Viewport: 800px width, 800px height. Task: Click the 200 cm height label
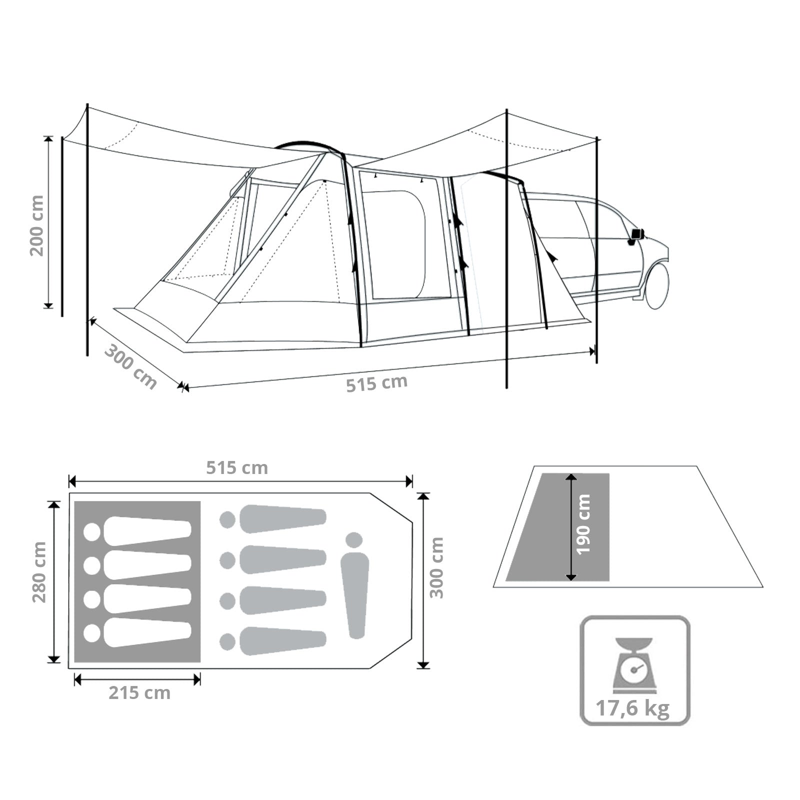click(x=36, y=225)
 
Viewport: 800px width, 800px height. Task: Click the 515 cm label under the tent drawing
click(x=377, y=383)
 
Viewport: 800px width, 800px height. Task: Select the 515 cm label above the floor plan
click(x=237, y=468)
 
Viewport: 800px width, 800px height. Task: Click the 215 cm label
click(x=139, y=693)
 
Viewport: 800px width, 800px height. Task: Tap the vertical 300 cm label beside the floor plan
click(x=436, y=567)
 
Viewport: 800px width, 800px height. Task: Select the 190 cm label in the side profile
click(x=583, y=524)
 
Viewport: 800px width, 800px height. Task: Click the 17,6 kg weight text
click(x=632, y=708)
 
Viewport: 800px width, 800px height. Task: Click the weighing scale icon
click(x=633, y=665)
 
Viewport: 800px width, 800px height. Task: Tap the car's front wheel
click(x=657, y=285)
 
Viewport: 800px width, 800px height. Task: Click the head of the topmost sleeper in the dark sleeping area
click(x=92, y=532)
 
